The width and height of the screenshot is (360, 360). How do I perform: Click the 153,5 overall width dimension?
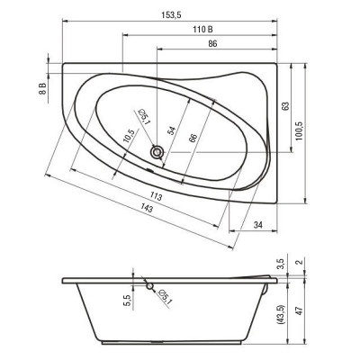pos(173,14)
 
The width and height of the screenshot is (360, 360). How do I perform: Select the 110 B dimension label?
pos(202,30)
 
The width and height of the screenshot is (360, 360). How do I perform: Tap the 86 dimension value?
pos(212,44)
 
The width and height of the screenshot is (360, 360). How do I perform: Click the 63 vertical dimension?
pos(285,106)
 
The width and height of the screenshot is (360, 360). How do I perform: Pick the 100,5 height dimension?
pos(300,131)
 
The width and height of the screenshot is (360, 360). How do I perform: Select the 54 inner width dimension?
pos(171,130)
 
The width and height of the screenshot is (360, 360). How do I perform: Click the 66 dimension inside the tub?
pos(193,138)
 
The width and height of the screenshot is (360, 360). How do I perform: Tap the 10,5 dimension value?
pos(129,136)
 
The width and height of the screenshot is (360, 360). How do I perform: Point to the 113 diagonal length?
pos(156,196)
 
